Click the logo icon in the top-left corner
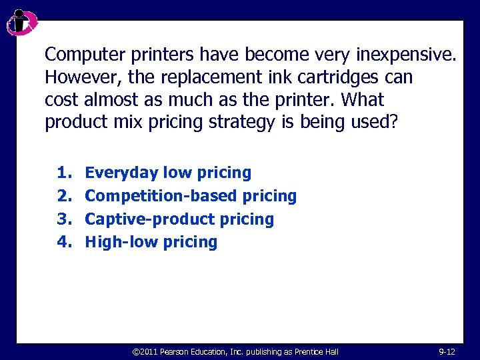tap(21, 23)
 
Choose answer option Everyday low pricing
tap(168, 173)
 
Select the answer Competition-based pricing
tap(191, 196)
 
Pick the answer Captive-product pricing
tap(179, 219)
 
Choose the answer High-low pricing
tap(151, 241)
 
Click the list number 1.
tap(63, 173)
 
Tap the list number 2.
tap(63, 196)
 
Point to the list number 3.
tap(63, 219)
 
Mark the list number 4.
tap(63, 241)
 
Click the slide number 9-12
tap(447, 351)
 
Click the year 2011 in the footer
tap(150, 351)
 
